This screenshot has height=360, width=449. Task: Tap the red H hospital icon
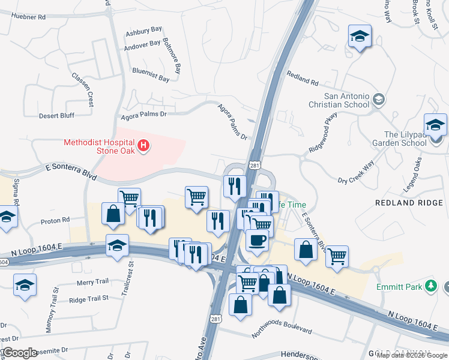click(143, 145)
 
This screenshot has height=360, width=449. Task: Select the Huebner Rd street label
click(25, 17)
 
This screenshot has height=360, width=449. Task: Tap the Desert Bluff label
click(56, 115)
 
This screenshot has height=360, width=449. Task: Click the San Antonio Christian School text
click(346, 100)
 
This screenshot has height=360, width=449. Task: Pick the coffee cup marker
click(258, 240)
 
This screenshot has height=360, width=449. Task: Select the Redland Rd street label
click(302, 77)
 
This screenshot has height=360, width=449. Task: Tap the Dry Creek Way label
click(356, 172)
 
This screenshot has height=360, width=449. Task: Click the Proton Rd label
click(55, 220)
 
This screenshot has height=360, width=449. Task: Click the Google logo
click(20, 353)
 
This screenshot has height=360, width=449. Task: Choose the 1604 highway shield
click(4, 262)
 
